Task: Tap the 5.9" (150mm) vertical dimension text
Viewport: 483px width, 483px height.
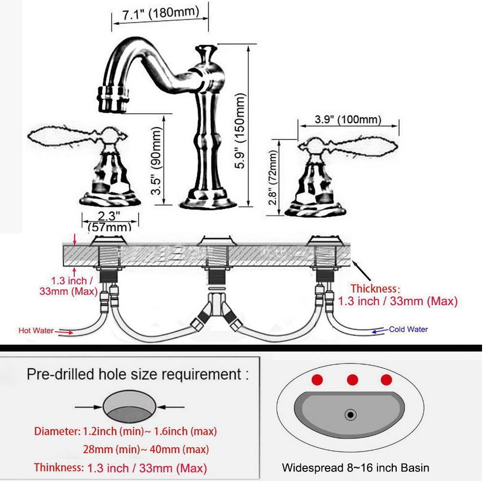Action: (x=240, y=131)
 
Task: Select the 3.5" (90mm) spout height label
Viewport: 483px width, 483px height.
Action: (x=156, y=161)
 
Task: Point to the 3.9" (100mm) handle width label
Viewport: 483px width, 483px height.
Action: (x=348, y=119)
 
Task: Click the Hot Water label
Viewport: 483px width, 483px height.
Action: (x=36, y=331)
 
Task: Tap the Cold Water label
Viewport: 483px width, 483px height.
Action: (x=408, y=329)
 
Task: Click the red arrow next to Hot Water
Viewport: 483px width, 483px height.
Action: (x=66, y=332)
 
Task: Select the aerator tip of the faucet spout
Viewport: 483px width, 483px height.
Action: (x=112, y=99)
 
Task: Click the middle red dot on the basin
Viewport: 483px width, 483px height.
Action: (x=352, y=380)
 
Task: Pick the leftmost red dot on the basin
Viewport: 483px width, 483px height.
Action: (x=317, y=380)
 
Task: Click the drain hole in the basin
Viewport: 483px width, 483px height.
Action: (x=350, y=415)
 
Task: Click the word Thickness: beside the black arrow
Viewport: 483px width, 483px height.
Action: (x=375, y=289)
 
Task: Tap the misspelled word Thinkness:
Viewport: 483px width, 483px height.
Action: (x=58, y=467)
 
